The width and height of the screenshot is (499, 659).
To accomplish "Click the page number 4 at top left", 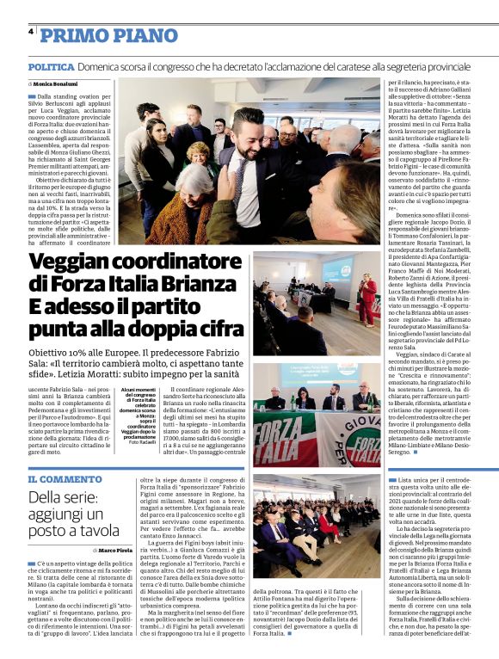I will [x=31, y=32].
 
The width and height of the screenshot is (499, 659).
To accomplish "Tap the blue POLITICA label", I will [x=51, y=66].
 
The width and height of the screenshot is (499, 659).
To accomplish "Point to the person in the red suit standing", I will [x=367, y=297].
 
